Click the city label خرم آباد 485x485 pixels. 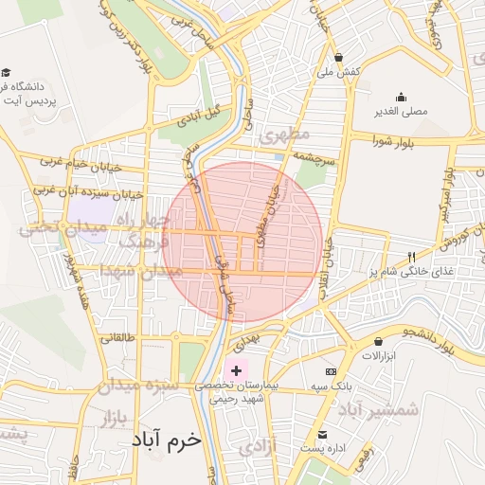click(163, 441)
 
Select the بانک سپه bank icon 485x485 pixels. click(331, 371)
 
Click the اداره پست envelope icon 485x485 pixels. click(323, 434)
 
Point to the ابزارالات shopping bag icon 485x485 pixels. click(378, 342)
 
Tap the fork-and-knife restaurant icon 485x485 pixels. click(410, 257)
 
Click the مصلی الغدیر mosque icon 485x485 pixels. click(402, 97)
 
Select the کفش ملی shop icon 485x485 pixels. click(338, 58)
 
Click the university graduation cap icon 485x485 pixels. click(7, 73)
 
